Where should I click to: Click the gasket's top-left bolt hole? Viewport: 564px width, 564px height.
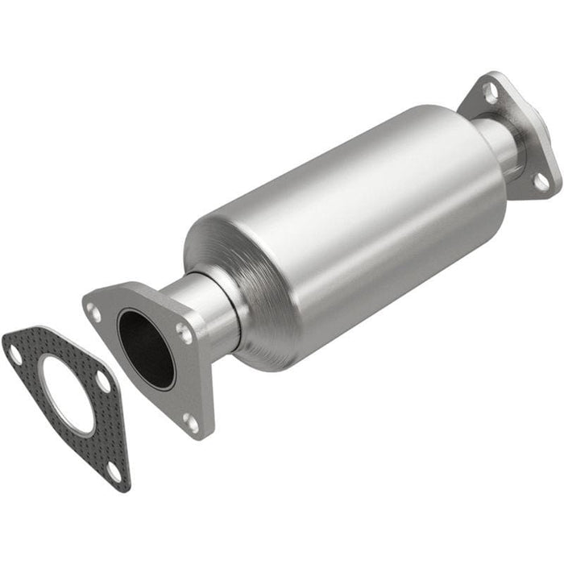click(15, 353)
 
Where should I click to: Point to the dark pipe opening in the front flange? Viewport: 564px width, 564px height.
click(146, 346)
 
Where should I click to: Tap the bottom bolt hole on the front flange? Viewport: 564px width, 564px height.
click(190, 420)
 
